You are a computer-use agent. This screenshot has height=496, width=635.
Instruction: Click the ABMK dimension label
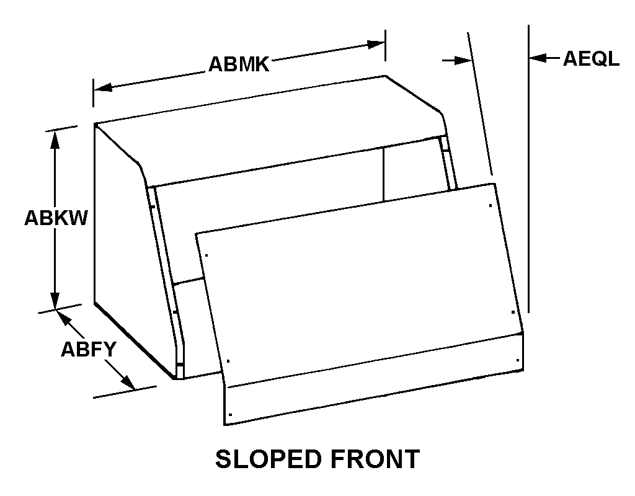[239, 64]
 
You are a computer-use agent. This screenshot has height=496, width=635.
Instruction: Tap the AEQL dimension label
[591, 58]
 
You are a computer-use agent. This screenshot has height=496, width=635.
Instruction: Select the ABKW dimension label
[56, 218]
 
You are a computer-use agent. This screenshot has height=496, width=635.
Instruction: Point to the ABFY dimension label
[89, 349]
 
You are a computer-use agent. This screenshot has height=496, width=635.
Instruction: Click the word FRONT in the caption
[375, 459]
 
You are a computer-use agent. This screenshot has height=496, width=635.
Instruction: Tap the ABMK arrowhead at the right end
[375, 44]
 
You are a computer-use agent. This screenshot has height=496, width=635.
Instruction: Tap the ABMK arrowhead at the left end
[103, 87]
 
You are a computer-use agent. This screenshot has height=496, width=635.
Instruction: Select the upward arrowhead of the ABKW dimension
[55, 139]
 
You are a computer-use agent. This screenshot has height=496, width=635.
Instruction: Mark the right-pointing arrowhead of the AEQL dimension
[464, 60]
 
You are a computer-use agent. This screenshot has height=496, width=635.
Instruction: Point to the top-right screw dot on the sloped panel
[491, 206]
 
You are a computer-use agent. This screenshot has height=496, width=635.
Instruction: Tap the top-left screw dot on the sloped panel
[206, 255]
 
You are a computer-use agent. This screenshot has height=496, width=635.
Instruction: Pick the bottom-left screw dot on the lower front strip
[230, 414]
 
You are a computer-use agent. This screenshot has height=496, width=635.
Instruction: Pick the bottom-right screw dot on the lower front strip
[518, 360]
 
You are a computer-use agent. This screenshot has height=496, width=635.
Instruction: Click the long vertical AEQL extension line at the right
[528, 169]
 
